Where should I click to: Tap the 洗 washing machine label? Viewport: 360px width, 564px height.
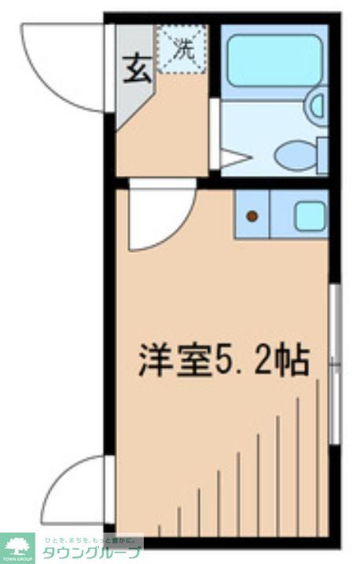pos(182,49)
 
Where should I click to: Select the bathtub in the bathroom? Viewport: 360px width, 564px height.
pos(273,60)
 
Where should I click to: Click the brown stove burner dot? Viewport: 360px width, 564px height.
pos(252,215)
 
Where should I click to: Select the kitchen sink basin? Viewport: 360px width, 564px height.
pos(310,215)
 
